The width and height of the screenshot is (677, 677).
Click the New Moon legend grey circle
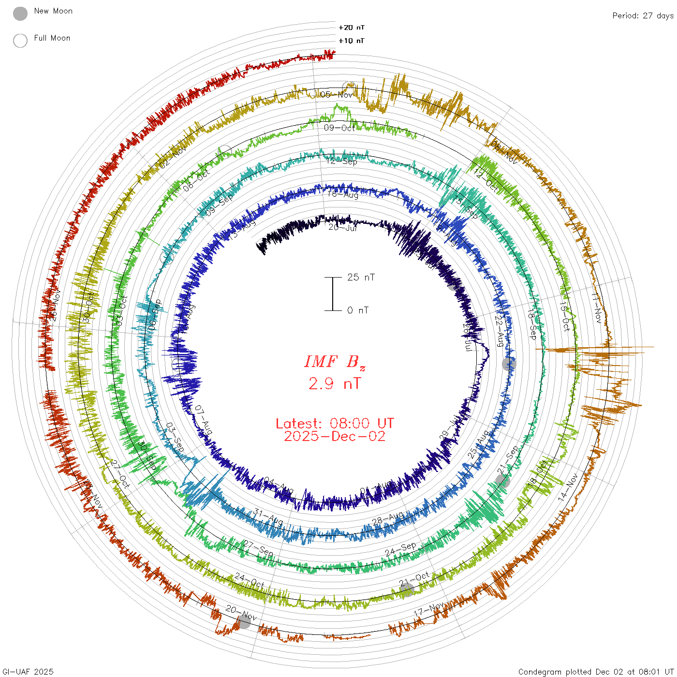(20, 14)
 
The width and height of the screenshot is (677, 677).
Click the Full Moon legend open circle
(20, 41)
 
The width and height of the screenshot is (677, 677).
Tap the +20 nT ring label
(352, 28)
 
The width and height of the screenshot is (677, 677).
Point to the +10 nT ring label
(352, 41)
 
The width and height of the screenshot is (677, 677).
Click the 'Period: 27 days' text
(643, 15)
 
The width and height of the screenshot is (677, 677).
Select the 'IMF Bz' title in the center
(335, 362)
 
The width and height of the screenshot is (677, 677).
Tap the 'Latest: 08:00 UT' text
(335, 424)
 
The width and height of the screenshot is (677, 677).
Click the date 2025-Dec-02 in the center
(335, 436)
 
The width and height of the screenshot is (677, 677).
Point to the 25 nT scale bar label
(361, 277)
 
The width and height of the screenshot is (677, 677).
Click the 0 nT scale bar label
(358, 310)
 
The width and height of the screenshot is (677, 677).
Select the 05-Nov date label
(337, 95)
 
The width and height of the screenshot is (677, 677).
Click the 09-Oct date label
(339, 128)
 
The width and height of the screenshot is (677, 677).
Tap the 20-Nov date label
(241, 613)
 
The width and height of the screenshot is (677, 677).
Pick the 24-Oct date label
(250, 581)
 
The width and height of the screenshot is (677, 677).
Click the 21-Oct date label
(414, 578)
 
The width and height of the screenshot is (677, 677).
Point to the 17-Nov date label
(429, 609)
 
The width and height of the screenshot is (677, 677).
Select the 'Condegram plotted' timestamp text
(596, 672)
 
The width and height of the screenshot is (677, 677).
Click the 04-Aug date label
(279, 486)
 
